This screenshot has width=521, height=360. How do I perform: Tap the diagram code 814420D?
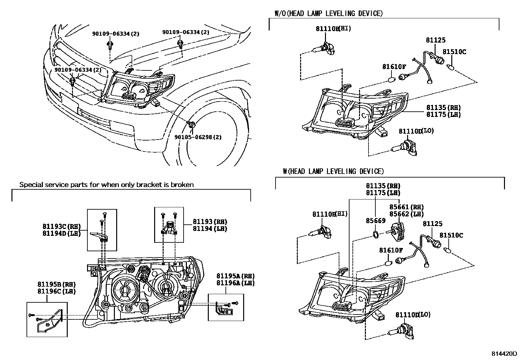504,354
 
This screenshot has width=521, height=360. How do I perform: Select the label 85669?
375,221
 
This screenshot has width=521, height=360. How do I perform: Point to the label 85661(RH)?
406,207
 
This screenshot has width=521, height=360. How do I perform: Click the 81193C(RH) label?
61,226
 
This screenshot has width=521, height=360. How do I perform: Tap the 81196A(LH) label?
235,283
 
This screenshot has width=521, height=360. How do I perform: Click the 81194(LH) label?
210,229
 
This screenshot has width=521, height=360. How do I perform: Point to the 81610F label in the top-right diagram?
394,67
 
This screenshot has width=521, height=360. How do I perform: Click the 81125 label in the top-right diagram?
435,40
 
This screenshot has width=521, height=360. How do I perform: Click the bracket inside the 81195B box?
49,321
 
